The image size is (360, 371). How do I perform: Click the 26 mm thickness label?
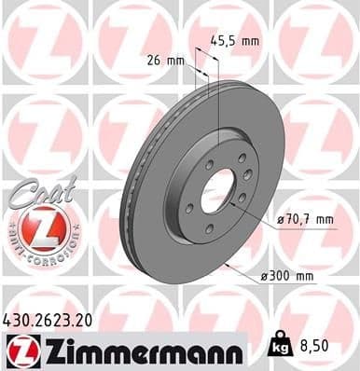163,62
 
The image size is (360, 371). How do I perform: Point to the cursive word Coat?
37,190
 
